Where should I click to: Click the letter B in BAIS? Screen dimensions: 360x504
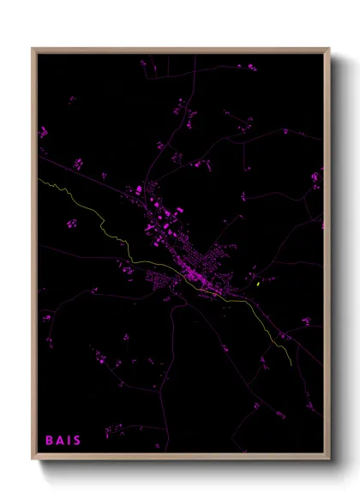(x=50, y=441)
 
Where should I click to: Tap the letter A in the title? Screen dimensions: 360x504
(x=60, y=441)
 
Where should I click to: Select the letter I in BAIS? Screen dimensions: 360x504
(x=69, y=441)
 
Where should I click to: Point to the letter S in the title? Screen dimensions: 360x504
(x=77, y=441)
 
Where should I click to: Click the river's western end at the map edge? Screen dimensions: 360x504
(x=39, y=179)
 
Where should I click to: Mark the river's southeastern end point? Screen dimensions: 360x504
(x=291, y=365)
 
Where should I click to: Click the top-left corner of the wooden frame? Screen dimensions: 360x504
(x=33, y=49)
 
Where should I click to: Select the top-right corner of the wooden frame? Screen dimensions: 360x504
(x=330, y=49)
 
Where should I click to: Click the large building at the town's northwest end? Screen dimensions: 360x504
(x=138, y=189)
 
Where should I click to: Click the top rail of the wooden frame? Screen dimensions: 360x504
(x=181, y=50)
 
